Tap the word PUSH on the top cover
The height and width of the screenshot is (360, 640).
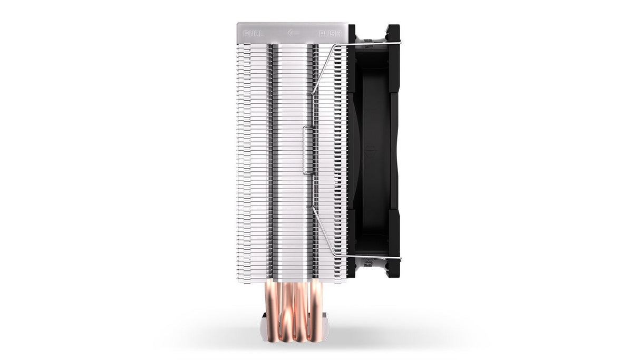(329, 33)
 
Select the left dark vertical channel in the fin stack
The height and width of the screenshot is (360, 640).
(271, 158)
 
